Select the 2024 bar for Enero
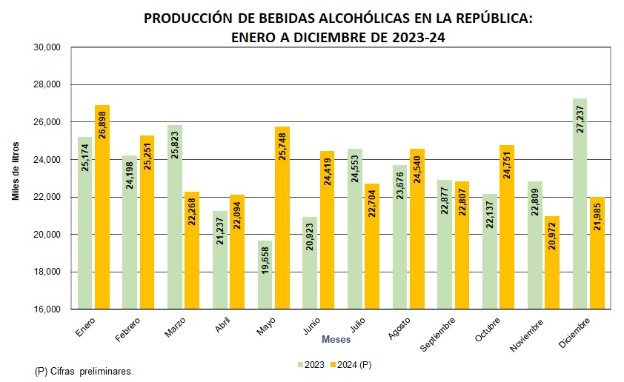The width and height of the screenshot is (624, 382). click(x=102, y=207)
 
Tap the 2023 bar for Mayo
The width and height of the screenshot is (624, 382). click(x=265, y=275)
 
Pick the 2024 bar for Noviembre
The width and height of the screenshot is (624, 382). click(x=553, y=263)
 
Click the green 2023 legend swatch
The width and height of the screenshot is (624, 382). click(x=301, y=364)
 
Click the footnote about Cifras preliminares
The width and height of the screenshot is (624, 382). click(x=83, y=369)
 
